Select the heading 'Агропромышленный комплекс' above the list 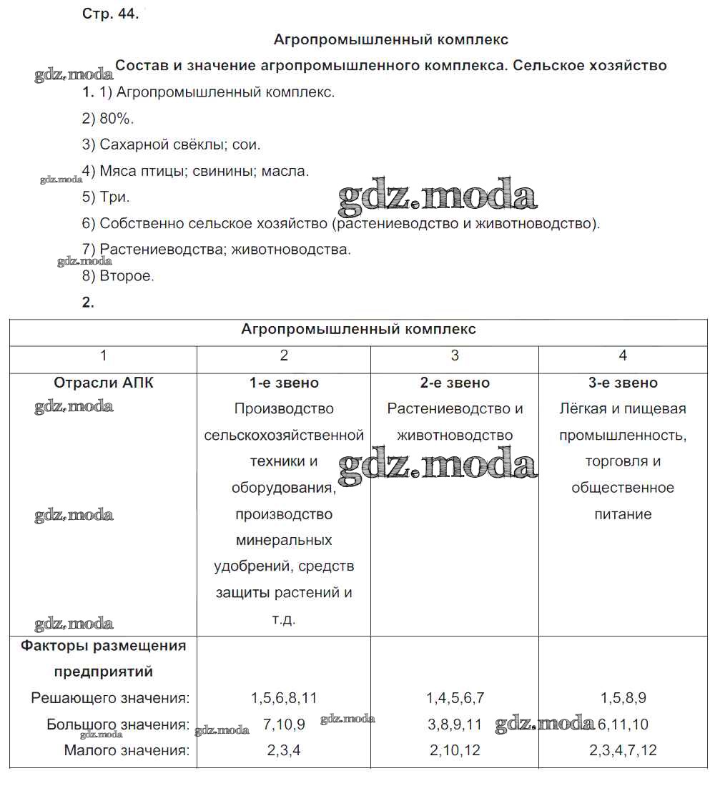(x=391, y=40)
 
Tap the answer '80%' (x=117, y=118)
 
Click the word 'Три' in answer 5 (x=115, y=197)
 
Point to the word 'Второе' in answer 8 (x=127, y=275)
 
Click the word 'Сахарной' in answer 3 (x=134, y=144)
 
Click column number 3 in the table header (x=455, y=355)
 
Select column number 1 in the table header (x=104, y=355)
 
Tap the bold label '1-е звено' (x=284, y=383)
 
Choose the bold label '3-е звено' (x=623, y=383)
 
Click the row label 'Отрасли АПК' (x=104, y=383)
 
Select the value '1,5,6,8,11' (x=284, y=698)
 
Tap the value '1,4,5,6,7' (x=455, y=698)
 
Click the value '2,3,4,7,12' (x=623, y=751)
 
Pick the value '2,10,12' (x=455, y=751)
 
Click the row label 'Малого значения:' (x=127, y=751)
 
